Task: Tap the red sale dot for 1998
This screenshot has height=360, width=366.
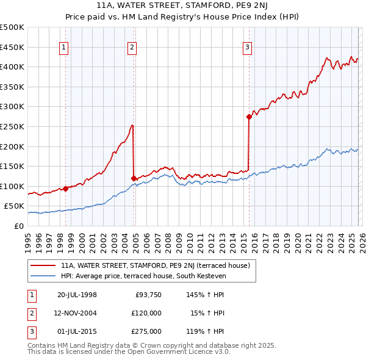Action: (65, 189)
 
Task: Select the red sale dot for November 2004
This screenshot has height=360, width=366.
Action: (134, 178)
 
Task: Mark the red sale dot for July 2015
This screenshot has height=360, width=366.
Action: (249, 117)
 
